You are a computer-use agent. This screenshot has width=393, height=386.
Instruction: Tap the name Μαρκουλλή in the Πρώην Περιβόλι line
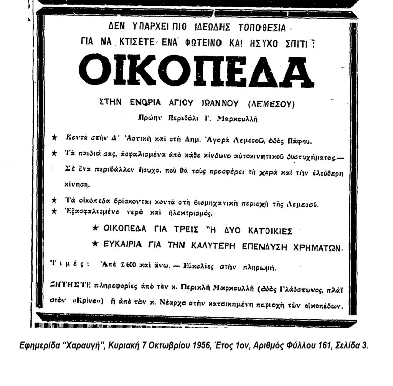(x=238, y=119)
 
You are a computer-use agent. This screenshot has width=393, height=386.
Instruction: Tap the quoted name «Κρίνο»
(x=89, y=302)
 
